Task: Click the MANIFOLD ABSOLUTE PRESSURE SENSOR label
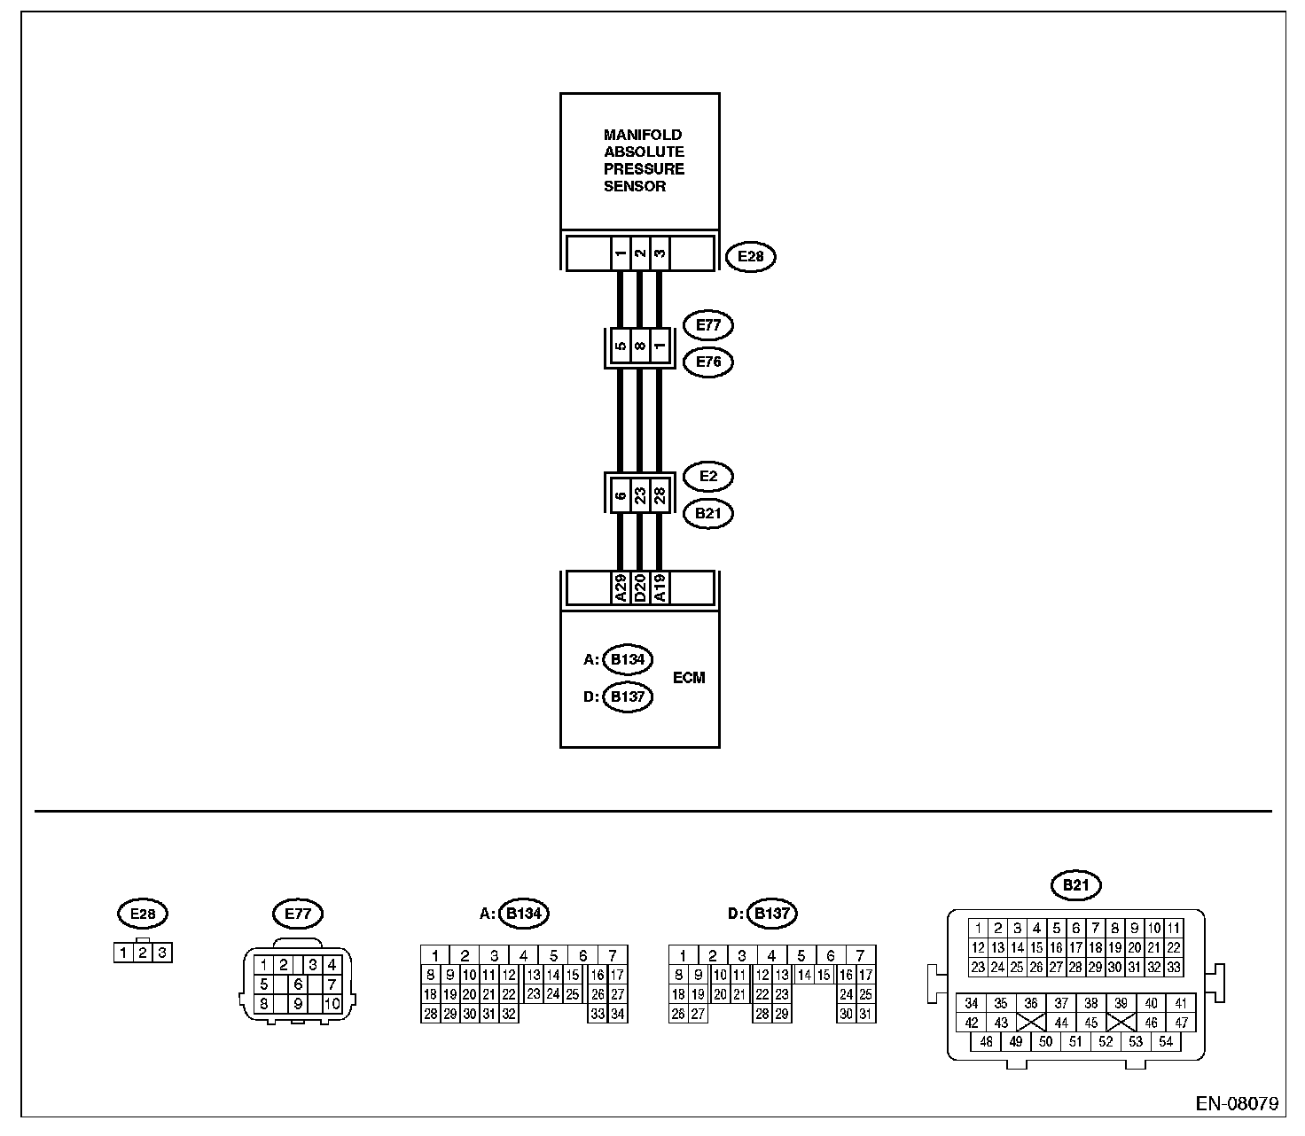tap(644, 160)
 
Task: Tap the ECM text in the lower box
tap(689, 678)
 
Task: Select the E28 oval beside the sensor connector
tap(750, 257)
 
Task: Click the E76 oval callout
tap(708, 362)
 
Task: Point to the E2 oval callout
tap(708, 477)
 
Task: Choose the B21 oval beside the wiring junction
tap(708, 513)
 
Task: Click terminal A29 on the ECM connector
tap(621, 588)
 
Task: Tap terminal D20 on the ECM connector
tap(640, 588)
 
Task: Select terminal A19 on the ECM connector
tap(660, 588)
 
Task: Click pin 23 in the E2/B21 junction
tap(640, 494)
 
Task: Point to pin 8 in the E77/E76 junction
tap(640, 346)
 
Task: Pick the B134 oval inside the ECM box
tap(627, 659)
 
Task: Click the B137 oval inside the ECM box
tap(627, 696)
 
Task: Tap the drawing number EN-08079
tap(1237, 1104)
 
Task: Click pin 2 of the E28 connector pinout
tap(142, 953)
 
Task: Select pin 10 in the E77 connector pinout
tap(332, 1005)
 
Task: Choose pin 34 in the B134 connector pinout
tap(618, 1015)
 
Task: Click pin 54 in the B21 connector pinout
tap(1166, 1041)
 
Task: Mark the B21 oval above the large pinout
tap(1075, 883)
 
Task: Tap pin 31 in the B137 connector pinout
tap(866, 1015)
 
